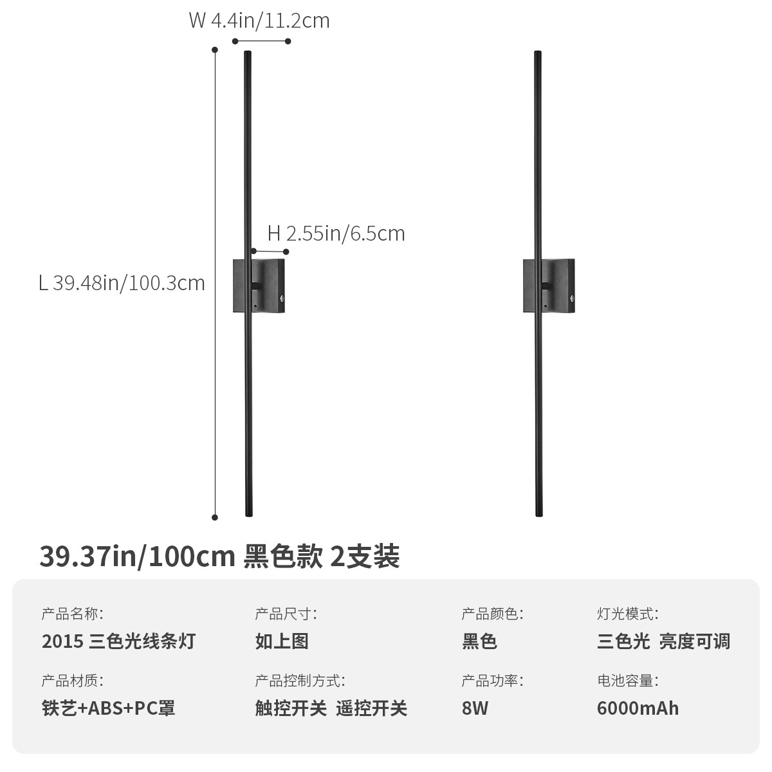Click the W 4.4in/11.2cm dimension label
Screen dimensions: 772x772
259,21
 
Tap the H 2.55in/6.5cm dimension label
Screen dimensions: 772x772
336,233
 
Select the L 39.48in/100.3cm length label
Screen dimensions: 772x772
122,282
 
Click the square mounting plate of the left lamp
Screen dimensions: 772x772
270,286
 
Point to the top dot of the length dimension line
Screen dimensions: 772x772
216,49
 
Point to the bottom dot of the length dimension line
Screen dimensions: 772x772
216,517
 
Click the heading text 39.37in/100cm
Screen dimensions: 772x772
137,556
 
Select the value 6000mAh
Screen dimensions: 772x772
638,708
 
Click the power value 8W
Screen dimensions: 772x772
475,708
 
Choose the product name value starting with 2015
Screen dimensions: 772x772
118,641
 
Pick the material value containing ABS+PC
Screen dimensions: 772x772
109,708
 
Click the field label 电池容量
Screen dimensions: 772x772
627,681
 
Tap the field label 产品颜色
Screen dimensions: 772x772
492,614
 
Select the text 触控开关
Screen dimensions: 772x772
291,708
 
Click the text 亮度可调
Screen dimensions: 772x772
694,641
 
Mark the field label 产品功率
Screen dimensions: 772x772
492,681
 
